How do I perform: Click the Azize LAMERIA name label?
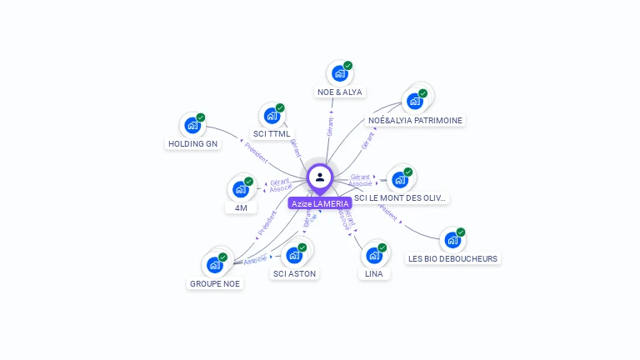319,203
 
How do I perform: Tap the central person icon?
320,177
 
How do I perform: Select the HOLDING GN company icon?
192,126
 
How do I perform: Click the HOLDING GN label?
192,144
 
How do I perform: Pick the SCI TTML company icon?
272,116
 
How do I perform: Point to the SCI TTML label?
272,134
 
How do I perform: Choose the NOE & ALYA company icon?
340,73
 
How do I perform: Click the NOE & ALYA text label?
340,92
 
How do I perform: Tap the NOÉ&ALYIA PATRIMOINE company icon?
414,102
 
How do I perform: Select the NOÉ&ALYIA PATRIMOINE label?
415,120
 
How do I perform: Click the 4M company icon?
240,189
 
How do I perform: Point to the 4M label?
240,207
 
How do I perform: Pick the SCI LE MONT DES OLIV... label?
401,198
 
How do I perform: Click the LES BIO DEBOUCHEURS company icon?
452,241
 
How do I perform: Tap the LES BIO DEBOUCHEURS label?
452,258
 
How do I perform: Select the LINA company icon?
374,255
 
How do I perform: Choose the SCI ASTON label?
294,273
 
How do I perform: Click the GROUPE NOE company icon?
215,265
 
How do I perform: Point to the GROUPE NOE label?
215,283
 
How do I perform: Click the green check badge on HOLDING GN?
201,117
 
